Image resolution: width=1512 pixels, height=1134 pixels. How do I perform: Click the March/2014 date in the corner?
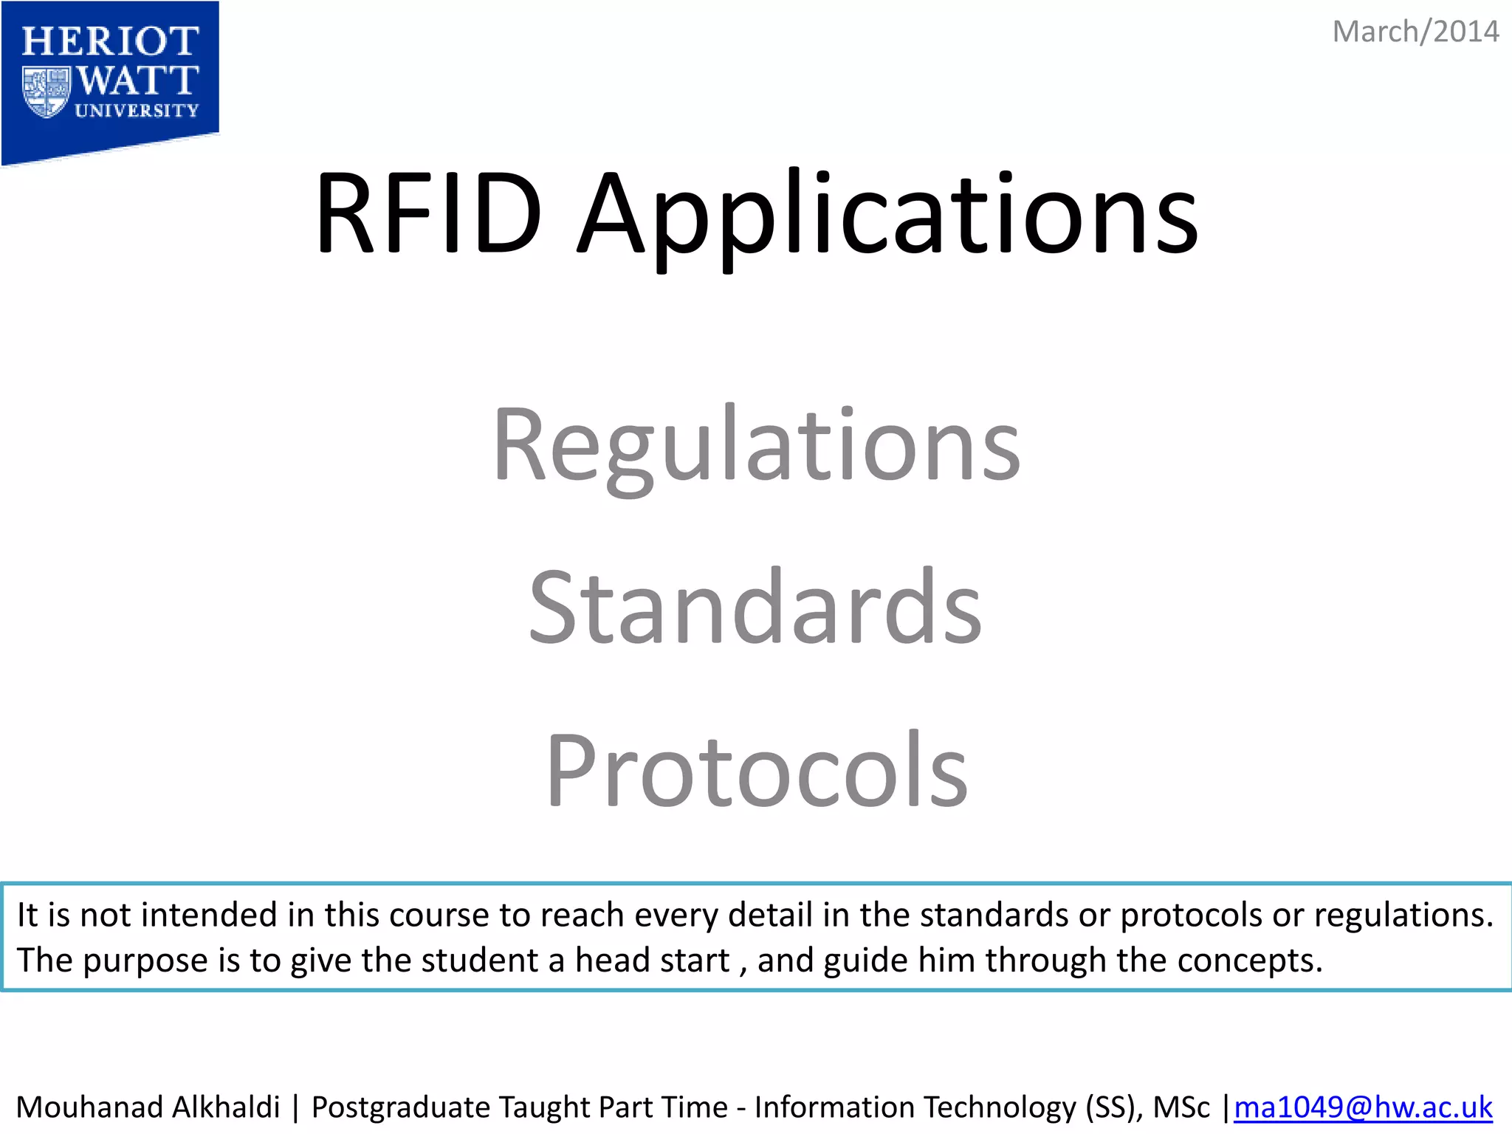click(x=1415, y=32)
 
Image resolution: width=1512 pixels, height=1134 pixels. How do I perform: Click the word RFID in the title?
click(x=429, y=214)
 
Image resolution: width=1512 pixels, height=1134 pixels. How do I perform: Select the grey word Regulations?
click(x=757, y=447)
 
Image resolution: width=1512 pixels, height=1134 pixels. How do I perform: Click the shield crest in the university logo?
click(x=46, y=91)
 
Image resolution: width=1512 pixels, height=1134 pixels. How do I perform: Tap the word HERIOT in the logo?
click(x=110, y=41)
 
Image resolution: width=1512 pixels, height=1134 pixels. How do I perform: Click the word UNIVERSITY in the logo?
click(x=137, y=111)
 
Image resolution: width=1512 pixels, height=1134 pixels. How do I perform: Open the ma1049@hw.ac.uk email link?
click(x=1363, y=1107)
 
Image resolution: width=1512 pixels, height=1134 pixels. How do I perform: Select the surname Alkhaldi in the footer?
click(x=226, y=1107)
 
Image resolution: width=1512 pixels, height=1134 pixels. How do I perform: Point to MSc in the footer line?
click(x=1181, y=1107)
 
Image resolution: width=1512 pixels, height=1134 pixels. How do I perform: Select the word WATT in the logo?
click(x=138, y=80)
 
